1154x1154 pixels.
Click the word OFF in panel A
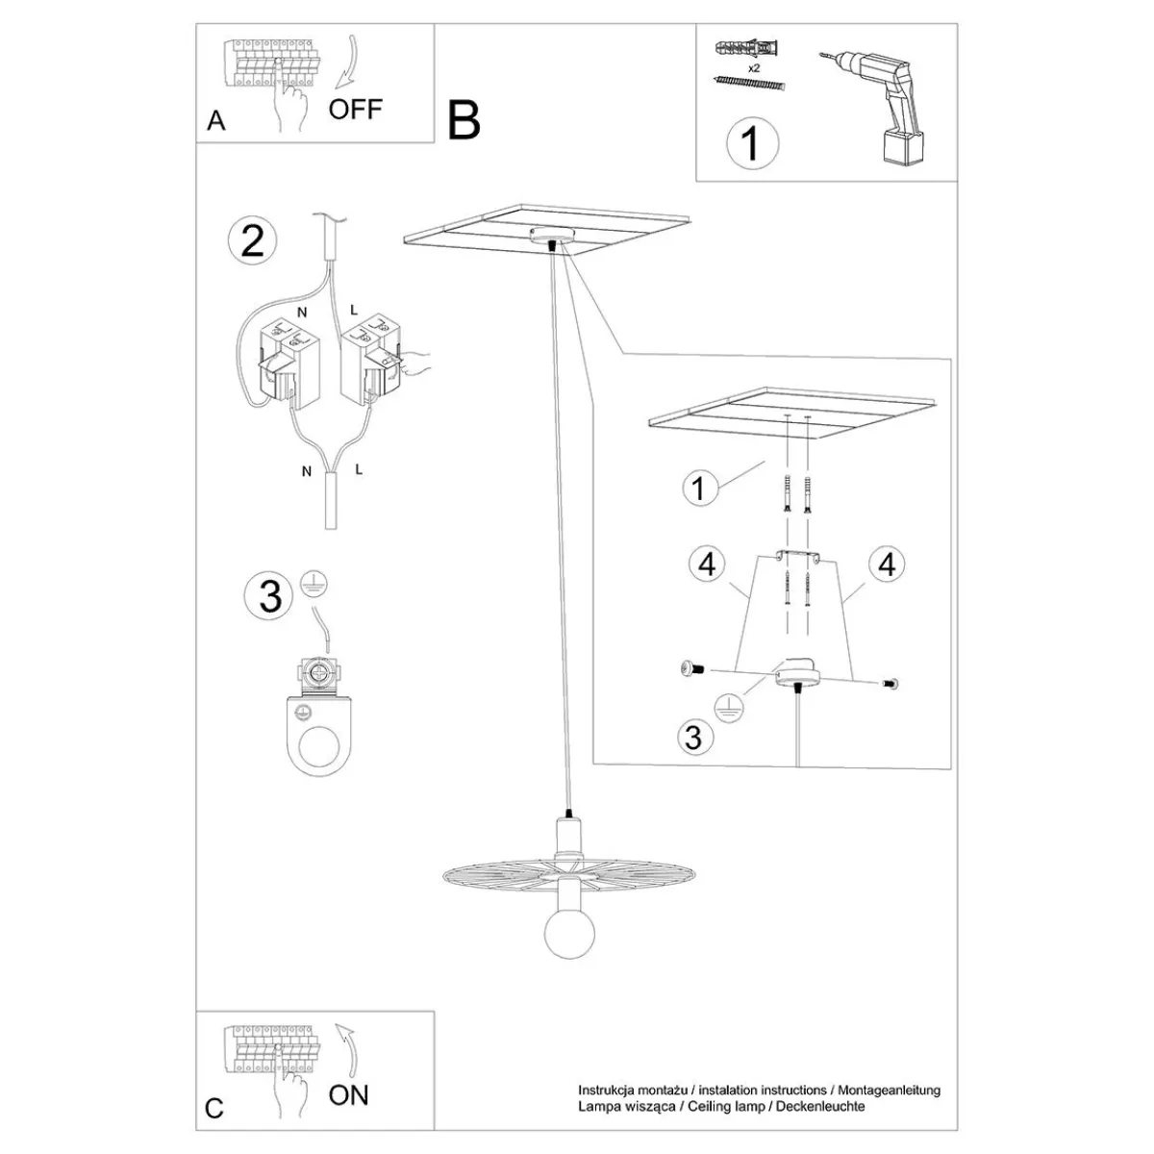click(355, 109)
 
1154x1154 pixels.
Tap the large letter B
click(464, 120)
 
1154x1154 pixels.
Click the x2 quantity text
click(754, 68)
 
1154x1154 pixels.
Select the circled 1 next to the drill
click(752, 143)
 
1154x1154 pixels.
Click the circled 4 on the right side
click(887, 564)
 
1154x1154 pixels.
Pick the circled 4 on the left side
click(707, 564)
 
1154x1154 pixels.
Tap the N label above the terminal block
click(302, 313)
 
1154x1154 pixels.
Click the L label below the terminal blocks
click(358, 469)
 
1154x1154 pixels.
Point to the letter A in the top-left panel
click(216, 121)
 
